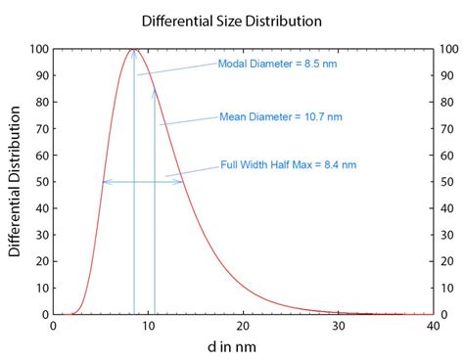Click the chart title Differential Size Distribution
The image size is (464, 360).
point(231,21)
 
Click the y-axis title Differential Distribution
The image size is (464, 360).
point(15,182)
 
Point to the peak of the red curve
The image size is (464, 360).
point(134,49)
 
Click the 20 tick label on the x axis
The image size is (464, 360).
point(243,326)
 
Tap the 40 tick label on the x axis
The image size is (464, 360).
point(433,326)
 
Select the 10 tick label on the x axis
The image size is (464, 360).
point(148,326)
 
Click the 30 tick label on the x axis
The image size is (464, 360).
point(338,326)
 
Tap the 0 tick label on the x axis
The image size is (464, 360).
point(53,326)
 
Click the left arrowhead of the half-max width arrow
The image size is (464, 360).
point(105,182)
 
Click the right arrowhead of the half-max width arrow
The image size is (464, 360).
point(181,182)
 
